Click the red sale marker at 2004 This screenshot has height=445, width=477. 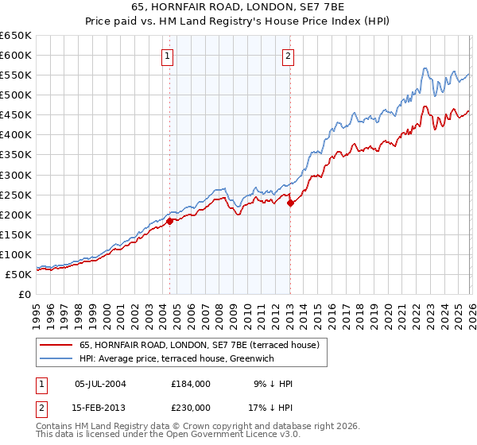point(169,221)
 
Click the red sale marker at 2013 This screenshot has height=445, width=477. point(290,203)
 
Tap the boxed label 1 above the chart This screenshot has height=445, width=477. point(169,56)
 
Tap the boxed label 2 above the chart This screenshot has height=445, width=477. point(287,56)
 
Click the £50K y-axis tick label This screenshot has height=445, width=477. point(19,274)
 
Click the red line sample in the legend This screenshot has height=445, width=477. point(56,345)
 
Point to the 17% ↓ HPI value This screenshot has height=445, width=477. point(270,407)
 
